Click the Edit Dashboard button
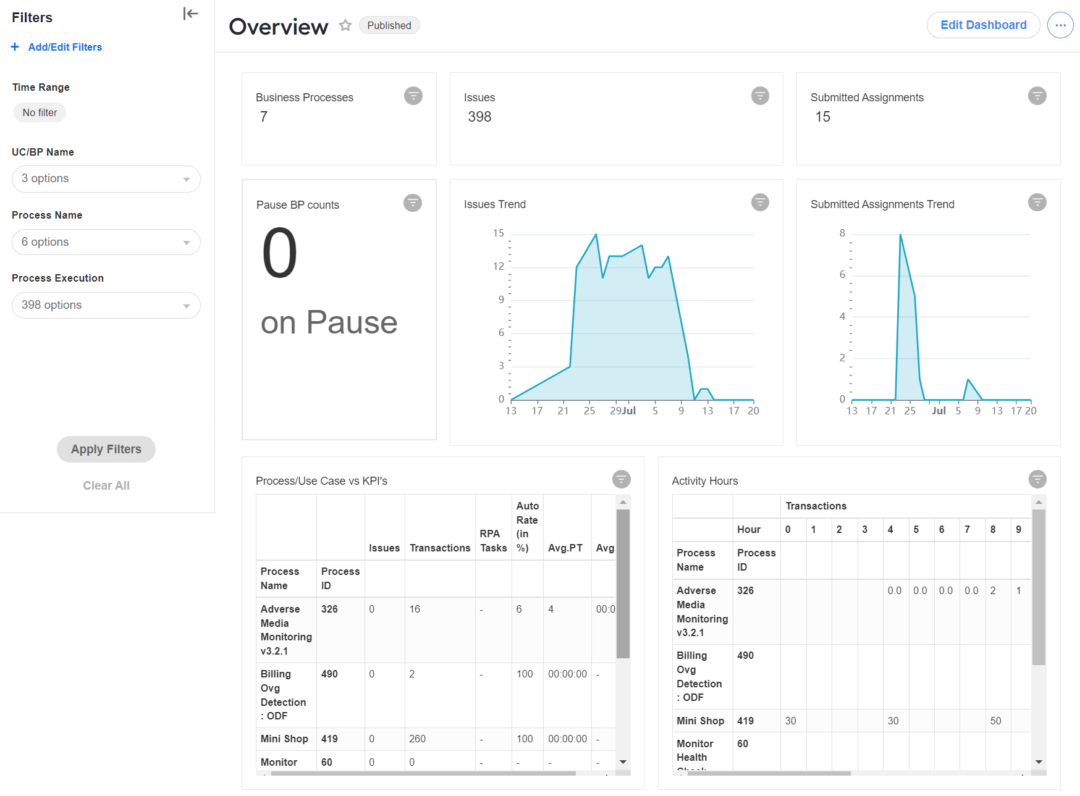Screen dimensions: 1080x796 point(983,25)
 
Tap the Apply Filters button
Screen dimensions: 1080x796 point(106,449)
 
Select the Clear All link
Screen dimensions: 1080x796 point(106,485)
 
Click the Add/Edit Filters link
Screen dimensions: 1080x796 point(57,47)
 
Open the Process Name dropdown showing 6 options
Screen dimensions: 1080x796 point(106,242)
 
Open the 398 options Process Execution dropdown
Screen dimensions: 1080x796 point(106,305)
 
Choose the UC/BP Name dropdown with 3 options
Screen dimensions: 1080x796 point(106,179)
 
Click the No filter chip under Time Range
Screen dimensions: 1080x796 point(40,112)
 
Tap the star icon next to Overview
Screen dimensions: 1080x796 point(345,25)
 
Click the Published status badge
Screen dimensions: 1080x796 point(389,25)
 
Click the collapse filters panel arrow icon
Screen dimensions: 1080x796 point(190,14)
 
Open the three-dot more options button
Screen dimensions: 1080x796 point(1060,25)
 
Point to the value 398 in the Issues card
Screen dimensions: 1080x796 point(479,117)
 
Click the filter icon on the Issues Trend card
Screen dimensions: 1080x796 point(760,202)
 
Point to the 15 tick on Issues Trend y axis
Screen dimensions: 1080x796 point(499,233)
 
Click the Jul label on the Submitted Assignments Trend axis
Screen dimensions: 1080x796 point(939,411)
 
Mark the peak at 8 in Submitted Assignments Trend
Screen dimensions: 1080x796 point(900,235)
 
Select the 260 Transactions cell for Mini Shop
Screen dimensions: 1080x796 point(418,739)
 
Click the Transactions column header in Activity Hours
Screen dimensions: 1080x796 point(816,506)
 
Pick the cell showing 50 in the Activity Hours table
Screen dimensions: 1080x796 point(995,721)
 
